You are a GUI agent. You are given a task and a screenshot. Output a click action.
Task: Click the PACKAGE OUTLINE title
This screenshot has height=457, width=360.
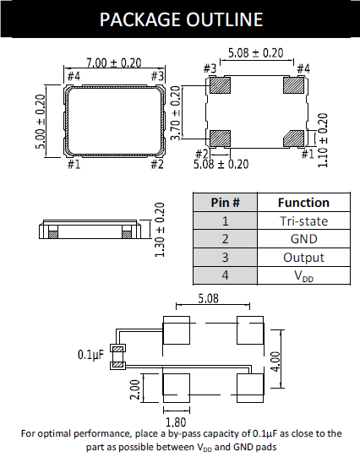coord(181,19)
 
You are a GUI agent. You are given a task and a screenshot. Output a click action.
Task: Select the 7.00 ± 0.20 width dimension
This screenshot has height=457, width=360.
coord(114,63)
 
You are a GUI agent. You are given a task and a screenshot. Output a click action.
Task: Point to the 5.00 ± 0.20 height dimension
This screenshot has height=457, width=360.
coord(41,122)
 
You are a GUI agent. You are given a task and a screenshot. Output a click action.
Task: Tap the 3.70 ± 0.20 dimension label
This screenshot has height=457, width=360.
coord(175,113)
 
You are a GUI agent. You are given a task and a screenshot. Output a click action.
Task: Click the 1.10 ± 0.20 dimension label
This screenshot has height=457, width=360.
coord(323,140)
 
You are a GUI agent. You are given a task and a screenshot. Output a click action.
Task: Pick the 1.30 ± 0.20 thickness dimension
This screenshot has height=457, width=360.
coord(160,230)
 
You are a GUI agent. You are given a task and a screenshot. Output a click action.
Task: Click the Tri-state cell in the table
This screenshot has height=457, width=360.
coord(303,221)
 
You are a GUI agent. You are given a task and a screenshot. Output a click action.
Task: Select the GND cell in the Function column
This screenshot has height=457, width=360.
coord(303,239)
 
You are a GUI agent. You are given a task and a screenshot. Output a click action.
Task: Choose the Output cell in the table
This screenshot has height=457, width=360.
coord(303,258)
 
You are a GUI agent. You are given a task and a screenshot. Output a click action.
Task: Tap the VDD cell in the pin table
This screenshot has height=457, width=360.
coord(303,275)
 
